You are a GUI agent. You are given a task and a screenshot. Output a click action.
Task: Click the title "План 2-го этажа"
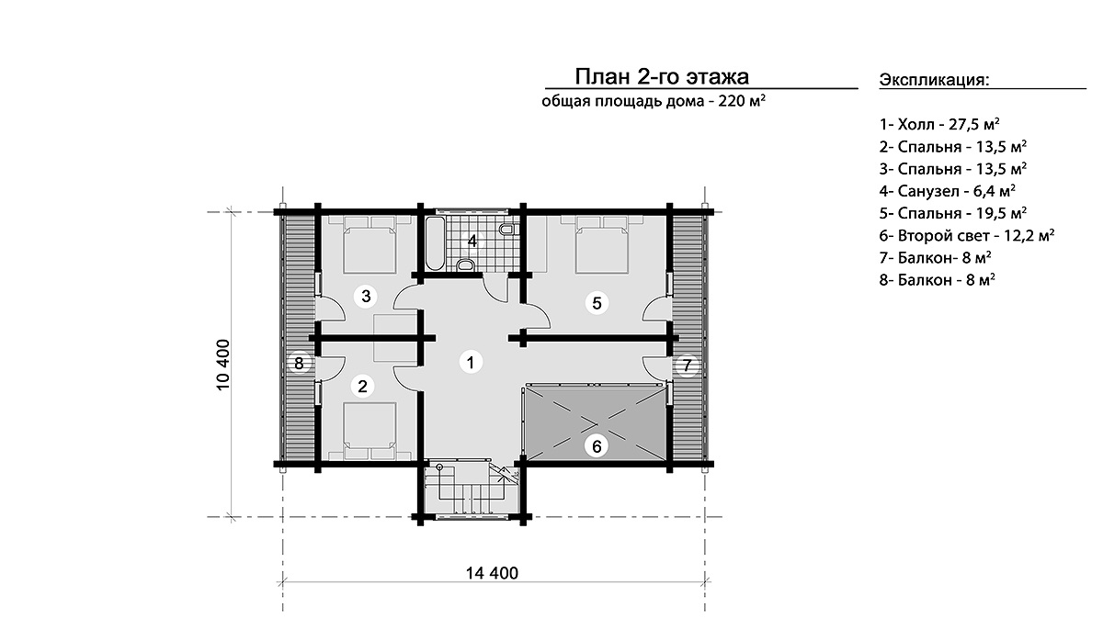click(x=662, y=77)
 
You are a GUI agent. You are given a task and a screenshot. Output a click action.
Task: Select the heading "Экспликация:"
click(x=934, y=80)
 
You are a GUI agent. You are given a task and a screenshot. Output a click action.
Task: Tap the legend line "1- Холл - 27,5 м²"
click(x=939, y=124)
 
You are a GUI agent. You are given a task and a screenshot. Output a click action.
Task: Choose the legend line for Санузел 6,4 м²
click(x=948, y=191)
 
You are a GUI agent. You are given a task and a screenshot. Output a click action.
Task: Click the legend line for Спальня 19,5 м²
click(x=953, y=213)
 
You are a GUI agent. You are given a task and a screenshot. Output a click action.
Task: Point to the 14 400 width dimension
click(x=492, y=573)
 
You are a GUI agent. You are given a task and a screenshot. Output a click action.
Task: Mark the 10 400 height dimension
click(x=222, y=365)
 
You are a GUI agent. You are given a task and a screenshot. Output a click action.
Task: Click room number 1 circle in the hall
click(x=471, y=363)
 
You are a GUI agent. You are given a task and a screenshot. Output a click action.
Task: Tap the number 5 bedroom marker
click(x=597, y=303)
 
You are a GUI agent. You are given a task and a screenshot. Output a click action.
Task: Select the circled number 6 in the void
click(x=597, y=446)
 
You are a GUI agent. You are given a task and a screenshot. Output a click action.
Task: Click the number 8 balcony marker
click(x=299, y=364)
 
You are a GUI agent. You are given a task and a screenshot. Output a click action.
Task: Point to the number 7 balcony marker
click(x=688, y=366)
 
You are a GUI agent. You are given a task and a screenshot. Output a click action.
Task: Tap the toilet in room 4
click(x=506, y=230)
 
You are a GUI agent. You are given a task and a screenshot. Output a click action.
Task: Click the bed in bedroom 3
click(x=370, y=244)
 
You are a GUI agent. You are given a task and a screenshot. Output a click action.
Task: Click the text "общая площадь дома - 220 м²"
click(x=654, y=101)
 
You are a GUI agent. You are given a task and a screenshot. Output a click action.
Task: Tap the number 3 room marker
click(x=366, y=297)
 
